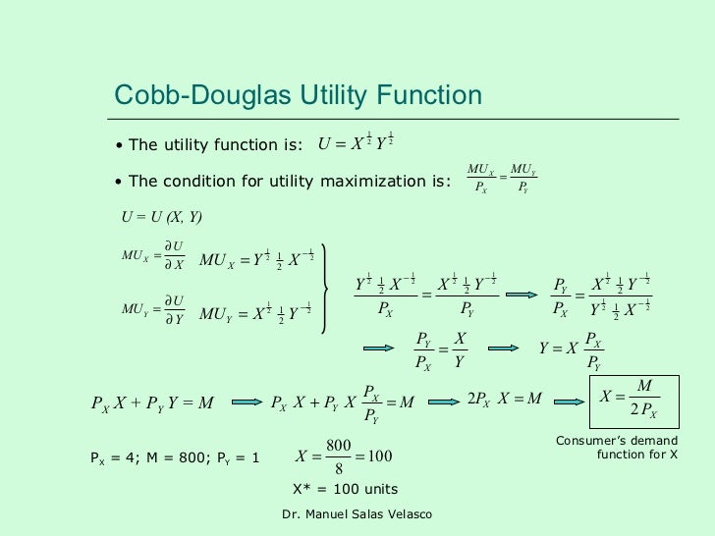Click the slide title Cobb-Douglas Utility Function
tap(299, 95)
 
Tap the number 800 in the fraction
tap(338, 446)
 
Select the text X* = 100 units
tap(346, 489)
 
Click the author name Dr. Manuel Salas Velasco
tap(357, 515)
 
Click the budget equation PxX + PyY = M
tap(151, 402)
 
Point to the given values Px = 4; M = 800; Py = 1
tap(175, 457)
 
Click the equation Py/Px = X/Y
tap(439, 349)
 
